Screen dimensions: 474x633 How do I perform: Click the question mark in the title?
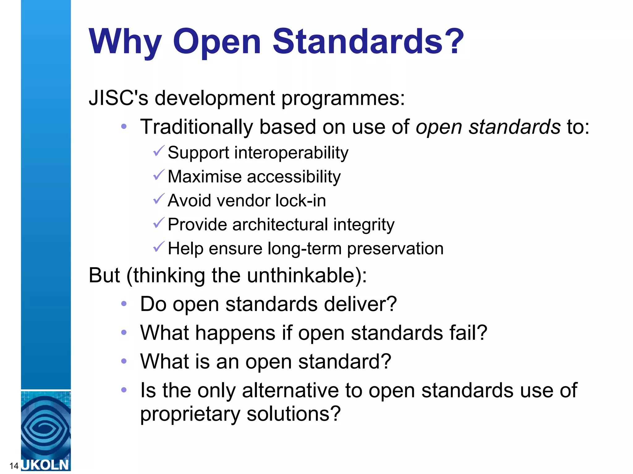pos(453,41)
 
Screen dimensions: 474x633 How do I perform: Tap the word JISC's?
pos(118,98)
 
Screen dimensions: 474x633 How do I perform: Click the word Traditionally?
pos(197,127)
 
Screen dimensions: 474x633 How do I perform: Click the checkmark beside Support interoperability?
pos(159,151)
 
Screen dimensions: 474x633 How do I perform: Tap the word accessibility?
pos(294,177)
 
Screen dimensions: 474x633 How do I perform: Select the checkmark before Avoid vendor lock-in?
pos(159,199)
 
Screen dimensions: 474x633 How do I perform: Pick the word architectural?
pos(280,225)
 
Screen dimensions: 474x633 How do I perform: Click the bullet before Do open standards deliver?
pos(124,304)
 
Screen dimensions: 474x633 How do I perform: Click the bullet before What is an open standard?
pos(124,361)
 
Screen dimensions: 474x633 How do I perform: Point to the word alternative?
pos(291,391)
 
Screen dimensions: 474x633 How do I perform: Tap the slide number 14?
pos(14,466)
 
